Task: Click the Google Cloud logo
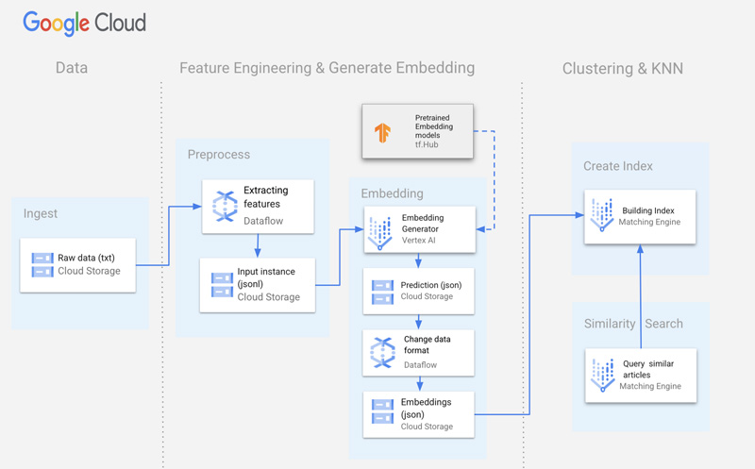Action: (x=85, y=22)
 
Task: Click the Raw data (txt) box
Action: (x=79, y=264)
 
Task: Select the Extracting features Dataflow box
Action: (x=258, y=206)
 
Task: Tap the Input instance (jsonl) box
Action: (x=257, y=284)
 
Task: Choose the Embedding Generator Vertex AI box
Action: (x=420, y=230)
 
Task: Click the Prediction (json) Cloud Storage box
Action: (x=420, y=290)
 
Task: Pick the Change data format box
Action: (x=420, y=350)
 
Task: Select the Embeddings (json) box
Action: (x=420, y=413)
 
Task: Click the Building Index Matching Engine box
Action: (x=640, y=216)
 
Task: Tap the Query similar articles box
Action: (x=640, y=375)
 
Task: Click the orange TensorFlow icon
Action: (x=383, y=132)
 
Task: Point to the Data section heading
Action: (x=72, y=68)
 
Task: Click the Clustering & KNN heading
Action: (x=622, y=68)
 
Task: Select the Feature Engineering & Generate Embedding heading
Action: (x=327, y=68)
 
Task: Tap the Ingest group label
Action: (x=41, y=213)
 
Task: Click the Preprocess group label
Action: (x=219, y=154)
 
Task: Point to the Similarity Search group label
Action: (x=632, y=324)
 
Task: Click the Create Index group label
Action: (x=618, y=166)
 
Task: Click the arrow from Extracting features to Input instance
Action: (x=258, y=245)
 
